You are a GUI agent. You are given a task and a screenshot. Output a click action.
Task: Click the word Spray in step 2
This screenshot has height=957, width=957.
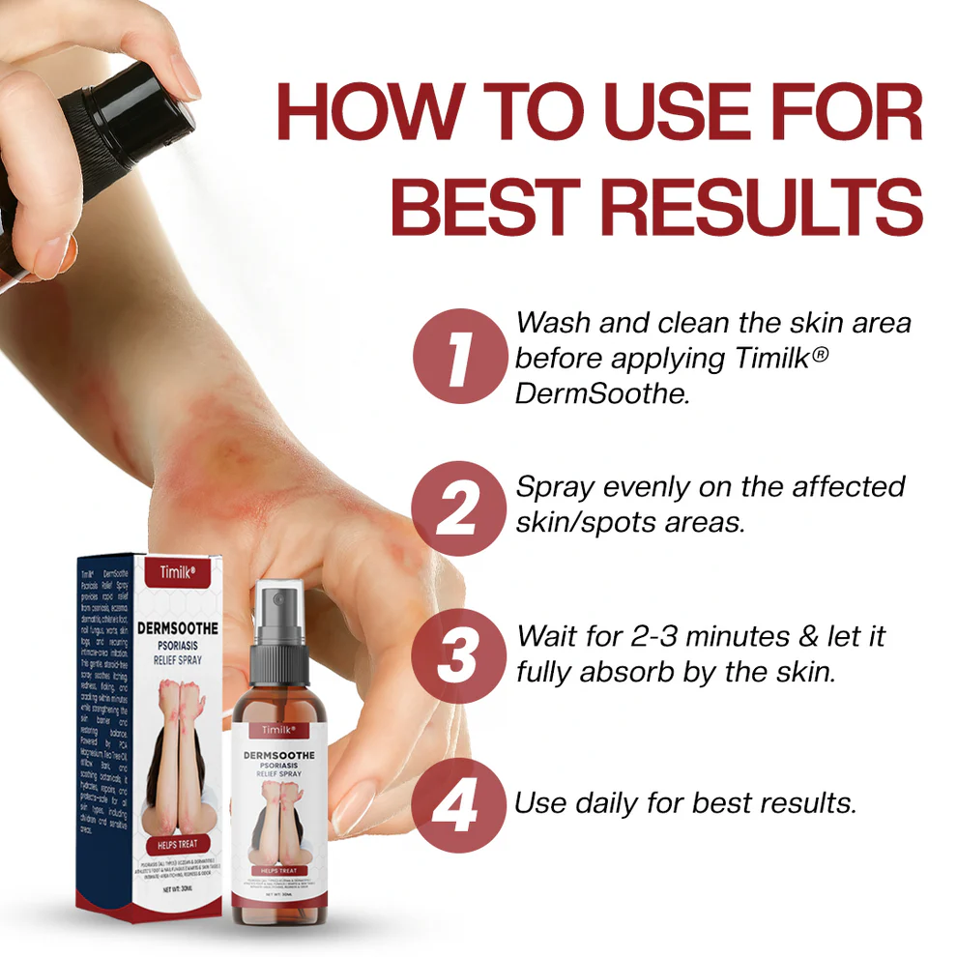tap(555, 486)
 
